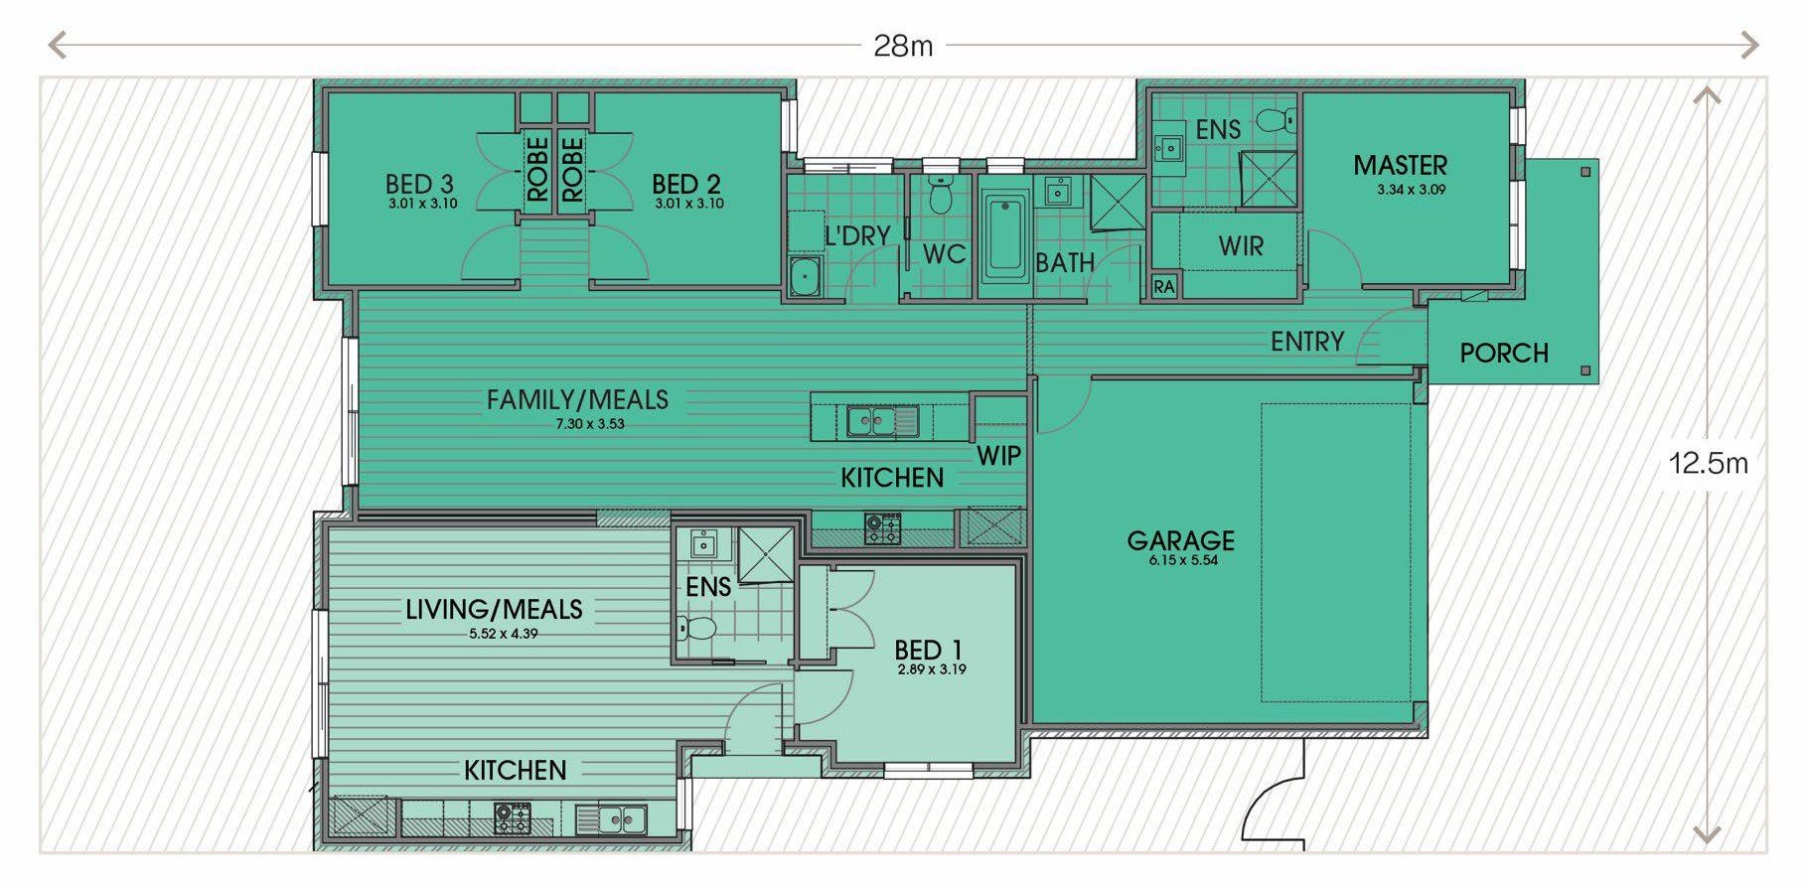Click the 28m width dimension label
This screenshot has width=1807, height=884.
903,46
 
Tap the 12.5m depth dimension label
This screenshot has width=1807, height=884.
1709,463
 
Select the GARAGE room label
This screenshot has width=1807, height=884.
1181,540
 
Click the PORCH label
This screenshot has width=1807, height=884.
1504,353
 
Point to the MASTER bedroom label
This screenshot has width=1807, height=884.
1401,165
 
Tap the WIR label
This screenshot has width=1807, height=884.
1242,246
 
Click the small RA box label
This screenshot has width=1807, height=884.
1164,287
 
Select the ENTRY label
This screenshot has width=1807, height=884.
1307,342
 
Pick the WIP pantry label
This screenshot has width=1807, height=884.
998,455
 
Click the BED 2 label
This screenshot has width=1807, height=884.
686,184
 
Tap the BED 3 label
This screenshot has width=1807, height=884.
419,184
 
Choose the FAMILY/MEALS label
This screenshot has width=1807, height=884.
577,399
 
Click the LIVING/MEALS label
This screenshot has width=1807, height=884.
494,609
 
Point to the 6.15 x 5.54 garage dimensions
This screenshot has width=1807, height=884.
1181,560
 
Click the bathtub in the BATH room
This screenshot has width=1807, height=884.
1005,236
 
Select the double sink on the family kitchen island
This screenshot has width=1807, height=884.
882,421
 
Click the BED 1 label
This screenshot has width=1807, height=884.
928,651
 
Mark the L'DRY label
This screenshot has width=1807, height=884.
857,235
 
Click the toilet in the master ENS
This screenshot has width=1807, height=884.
1276,122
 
